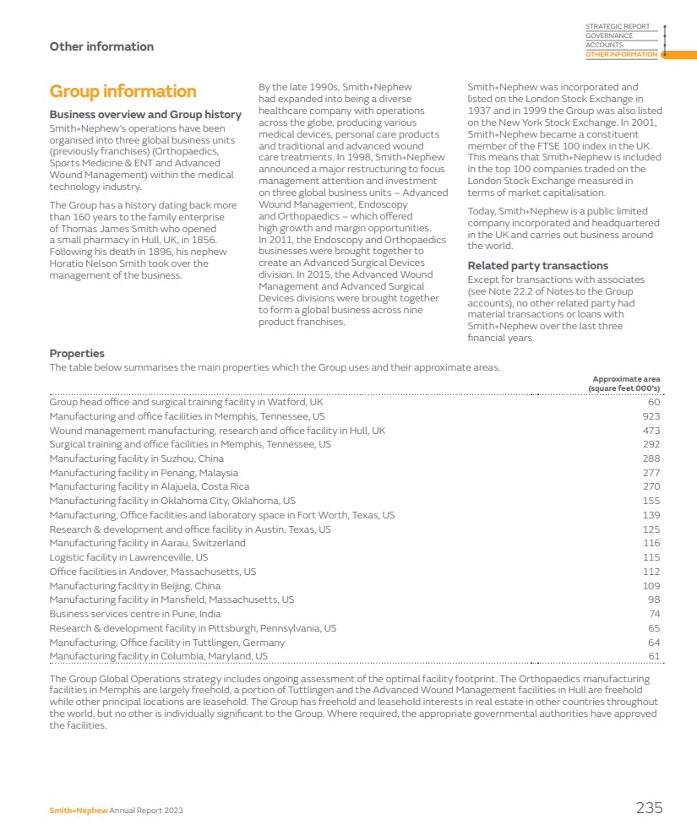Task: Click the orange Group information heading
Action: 123,91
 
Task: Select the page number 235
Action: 649,808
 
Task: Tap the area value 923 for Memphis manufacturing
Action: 651,416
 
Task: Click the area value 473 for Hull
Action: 651,431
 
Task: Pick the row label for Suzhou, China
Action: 137,458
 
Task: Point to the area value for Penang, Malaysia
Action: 651,473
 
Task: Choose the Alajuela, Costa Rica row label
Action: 150,487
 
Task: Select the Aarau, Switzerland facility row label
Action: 148,543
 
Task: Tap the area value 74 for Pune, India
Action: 654,614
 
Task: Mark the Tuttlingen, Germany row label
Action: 167,643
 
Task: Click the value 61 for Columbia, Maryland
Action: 654,656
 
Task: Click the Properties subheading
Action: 77,354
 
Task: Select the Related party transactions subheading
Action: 537,266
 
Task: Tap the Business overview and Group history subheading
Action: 145,115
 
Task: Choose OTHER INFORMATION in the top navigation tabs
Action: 621,55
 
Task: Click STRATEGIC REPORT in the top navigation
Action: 618,27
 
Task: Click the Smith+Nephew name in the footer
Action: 79,811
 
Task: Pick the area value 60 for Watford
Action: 654,403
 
